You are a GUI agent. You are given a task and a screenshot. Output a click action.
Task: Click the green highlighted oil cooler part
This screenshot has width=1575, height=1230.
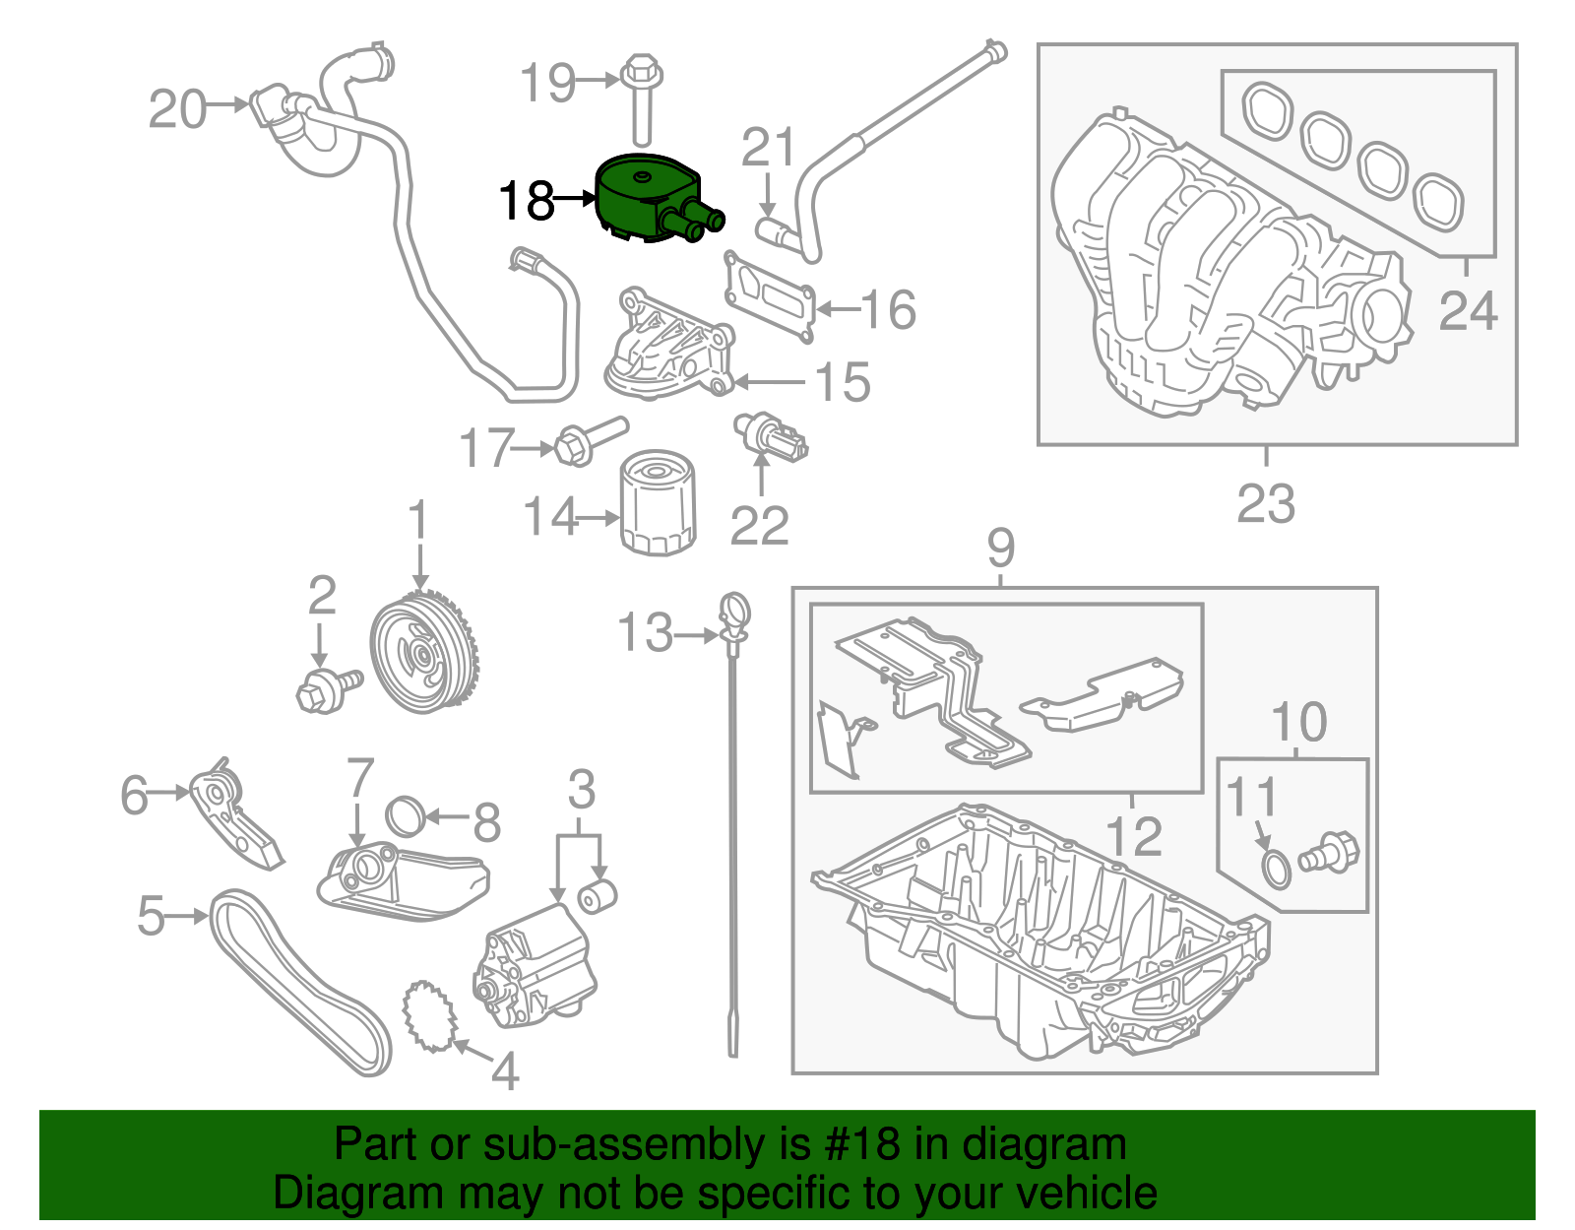click(645, 200)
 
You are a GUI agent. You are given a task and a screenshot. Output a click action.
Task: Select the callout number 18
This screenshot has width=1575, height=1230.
click(527, 201)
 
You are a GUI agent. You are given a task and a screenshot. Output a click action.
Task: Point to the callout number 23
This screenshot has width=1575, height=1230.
click(1266, 503)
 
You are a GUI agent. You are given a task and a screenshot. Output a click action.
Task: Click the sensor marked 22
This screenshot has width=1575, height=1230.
click(773, 437)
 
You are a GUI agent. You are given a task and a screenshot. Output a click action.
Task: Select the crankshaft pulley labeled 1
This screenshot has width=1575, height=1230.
click(424, 652)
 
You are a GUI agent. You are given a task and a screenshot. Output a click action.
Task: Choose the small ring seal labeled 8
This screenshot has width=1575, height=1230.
click(406, 815)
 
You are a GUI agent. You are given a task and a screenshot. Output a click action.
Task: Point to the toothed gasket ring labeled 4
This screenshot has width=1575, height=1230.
click(430, 1015)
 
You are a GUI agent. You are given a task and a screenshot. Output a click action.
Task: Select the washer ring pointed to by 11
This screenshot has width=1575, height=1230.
click(1277, 870)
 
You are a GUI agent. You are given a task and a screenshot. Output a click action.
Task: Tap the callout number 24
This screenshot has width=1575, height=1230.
click(1468, 311)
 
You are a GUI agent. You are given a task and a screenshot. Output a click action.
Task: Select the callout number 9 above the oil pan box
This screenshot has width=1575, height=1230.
click(1000, 548)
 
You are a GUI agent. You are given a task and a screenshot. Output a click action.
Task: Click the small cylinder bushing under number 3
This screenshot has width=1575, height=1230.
click(597, 895)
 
